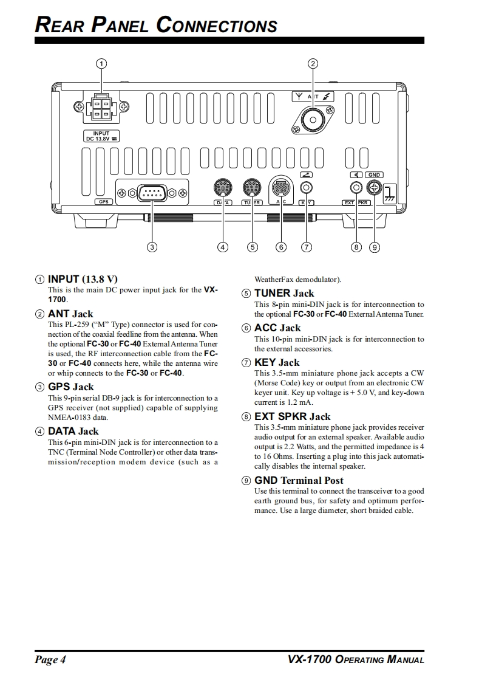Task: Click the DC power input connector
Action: tap(102, 109)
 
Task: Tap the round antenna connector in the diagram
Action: tap(312, 120)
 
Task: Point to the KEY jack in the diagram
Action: tap(307, 188)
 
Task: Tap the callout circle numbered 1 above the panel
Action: tap(102, 63)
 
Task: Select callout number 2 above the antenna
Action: tap(313, 63)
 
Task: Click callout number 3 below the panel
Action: tap(152, 247)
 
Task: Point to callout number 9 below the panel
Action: tap(375, 247)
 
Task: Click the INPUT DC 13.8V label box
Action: tap(101, 136)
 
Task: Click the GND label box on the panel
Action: tap(374, 175)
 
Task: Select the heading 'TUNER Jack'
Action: tap(284, 293)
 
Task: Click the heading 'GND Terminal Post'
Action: tap(299, 480)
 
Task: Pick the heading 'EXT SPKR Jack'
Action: tap(292, 416)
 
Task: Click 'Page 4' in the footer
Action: tap(50, 660)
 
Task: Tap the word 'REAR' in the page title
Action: tap(59, 26)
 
